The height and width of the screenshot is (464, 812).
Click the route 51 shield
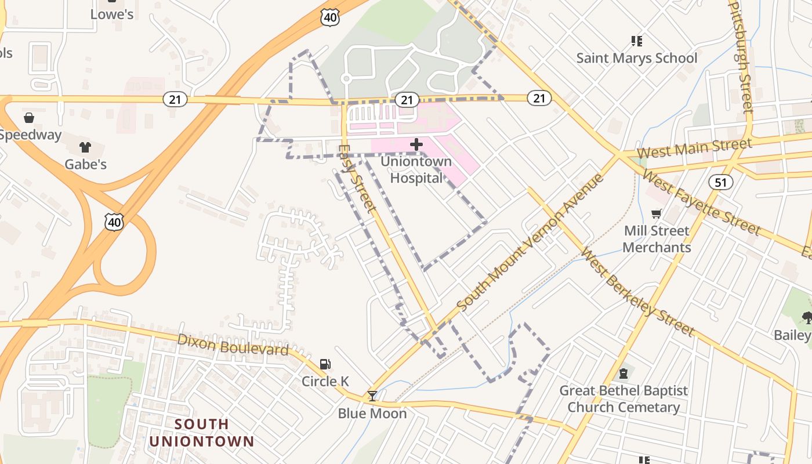pyautogui.click(x=720, y=182)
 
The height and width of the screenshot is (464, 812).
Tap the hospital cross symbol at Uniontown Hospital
pyautogui.click(x=416, y=144)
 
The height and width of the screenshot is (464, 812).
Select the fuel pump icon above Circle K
pyautogui.click(x=325, y=364)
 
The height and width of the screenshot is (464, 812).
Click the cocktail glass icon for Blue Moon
pyautogui.click(x=372, y=396)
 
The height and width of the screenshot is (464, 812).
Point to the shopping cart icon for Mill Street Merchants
pyautogui.click(x=657, y=214)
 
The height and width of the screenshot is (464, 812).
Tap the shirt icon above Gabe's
pyautogui.click(x=85, y=147)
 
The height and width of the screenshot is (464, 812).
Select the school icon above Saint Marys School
pyautogui.click(x=636, y=41)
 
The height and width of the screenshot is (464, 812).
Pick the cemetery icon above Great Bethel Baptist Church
pyautogui.click(x=623, y=373)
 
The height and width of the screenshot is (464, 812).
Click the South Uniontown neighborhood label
pyautogui.click(x=202, y=433)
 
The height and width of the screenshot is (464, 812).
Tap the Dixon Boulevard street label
pyautogui.click(x=233, y=345)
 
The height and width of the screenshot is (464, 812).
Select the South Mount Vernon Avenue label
pyautogui.click(x=530, y=242)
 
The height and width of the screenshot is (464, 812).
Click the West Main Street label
pyautogui.click(x=694, y=147)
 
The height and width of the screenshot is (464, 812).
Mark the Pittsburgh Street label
pyautogui.click(x=740, y=55)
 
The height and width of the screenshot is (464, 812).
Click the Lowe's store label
pyautogui.click(x=112, y=14)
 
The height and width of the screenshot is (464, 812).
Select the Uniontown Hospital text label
pyautogui.click(x=416, y=169)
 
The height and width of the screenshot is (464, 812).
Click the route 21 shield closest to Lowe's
pyautogui.click(x=175, y=99)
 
